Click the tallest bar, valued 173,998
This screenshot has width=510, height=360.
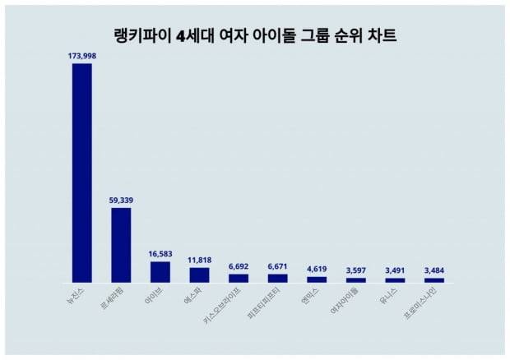pos(81,173)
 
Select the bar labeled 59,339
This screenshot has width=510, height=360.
pos(121,245)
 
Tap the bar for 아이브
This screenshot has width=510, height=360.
pos(160,271)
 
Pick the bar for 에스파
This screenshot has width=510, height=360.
pos(199,275)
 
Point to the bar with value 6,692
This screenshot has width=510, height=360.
pos(239,278)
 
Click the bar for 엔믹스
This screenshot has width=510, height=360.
pos(317,279)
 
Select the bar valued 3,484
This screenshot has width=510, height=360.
pos(433,280)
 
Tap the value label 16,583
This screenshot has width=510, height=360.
pos(160,255)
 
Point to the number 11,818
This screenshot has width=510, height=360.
pos(199,261)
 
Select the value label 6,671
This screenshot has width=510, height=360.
pos(278,266)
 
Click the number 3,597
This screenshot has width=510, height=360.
pos(356,270)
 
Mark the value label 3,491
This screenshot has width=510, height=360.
pos(395,270)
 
